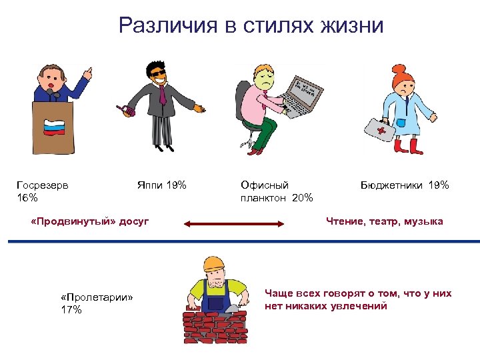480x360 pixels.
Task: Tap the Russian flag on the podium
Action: tap(52, 127)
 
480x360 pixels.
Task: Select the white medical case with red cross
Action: tap(377, 129)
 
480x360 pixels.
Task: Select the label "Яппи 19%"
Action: tap(160, 185)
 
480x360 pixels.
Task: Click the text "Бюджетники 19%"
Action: tap(405, 185)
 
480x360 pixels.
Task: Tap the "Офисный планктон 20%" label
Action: tap(276, 191)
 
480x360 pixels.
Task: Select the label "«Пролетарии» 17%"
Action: tap(97, 303)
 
